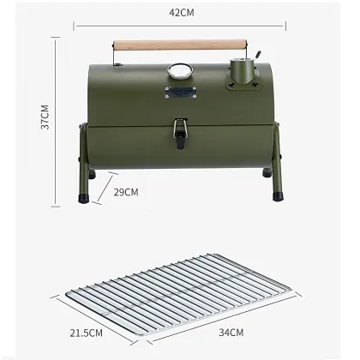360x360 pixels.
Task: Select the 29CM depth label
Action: coord(126,192)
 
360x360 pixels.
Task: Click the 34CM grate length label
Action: coord(230,331)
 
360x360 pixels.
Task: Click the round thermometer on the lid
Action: coord(180,70)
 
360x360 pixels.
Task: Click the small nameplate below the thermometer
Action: coord(180,92)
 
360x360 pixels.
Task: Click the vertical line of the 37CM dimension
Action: coord(58,120)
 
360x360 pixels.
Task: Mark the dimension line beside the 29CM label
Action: coord(101,183)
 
